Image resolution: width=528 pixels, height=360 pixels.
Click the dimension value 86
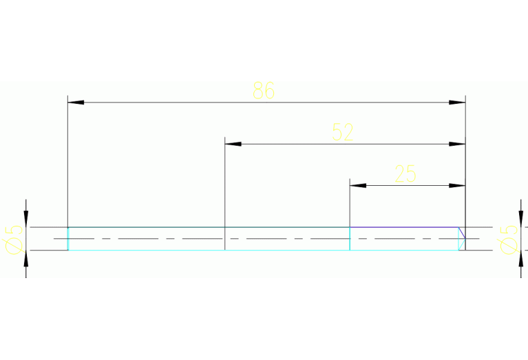(x=264, y=90)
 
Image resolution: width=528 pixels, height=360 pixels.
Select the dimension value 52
(x=343, y=132)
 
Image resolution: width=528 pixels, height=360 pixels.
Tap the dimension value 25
(x=405, y=173)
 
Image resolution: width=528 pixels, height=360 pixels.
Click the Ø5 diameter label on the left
(x=14, y=240)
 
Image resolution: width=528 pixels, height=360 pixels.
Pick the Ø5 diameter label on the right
(x=509, y=240)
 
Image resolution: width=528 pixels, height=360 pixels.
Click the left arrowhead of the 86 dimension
(x=76, y=103)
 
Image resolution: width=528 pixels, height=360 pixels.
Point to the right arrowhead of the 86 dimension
(x=457, y=103)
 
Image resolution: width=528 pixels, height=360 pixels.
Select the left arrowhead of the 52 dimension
(x=233, y=144)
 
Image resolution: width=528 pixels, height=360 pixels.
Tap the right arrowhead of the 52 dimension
(x=457, y=144)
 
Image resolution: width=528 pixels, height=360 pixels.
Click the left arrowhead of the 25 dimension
(x=358, y=186)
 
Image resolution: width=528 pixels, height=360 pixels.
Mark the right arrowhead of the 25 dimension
(x=457, y=186)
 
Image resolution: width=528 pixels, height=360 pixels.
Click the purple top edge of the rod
(x=404, y=227)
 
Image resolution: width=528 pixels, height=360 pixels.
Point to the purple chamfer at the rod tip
(x=462, y=233)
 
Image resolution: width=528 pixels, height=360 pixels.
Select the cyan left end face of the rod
(x=68, y=239)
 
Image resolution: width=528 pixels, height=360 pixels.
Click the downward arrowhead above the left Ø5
(x=26, y=219)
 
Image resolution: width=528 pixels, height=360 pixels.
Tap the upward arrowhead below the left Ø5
(x=26, y=259)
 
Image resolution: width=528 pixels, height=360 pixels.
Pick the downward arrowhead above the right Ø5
(x=521, y=219)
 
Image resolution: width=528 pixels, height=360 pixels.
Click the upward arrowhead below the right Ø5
(x=521, y=259)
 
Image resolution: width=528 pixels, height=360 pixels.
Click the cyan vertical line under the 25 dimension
(x=350, y=239)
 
